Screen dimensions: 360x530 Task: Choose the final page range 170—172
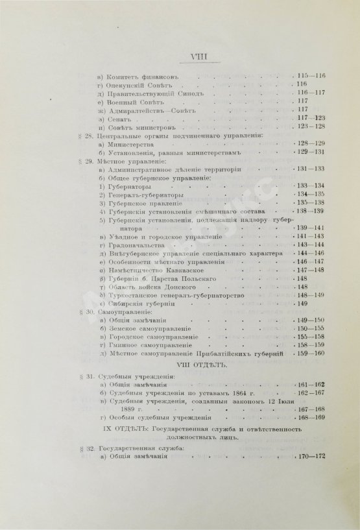click(312, 475)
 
